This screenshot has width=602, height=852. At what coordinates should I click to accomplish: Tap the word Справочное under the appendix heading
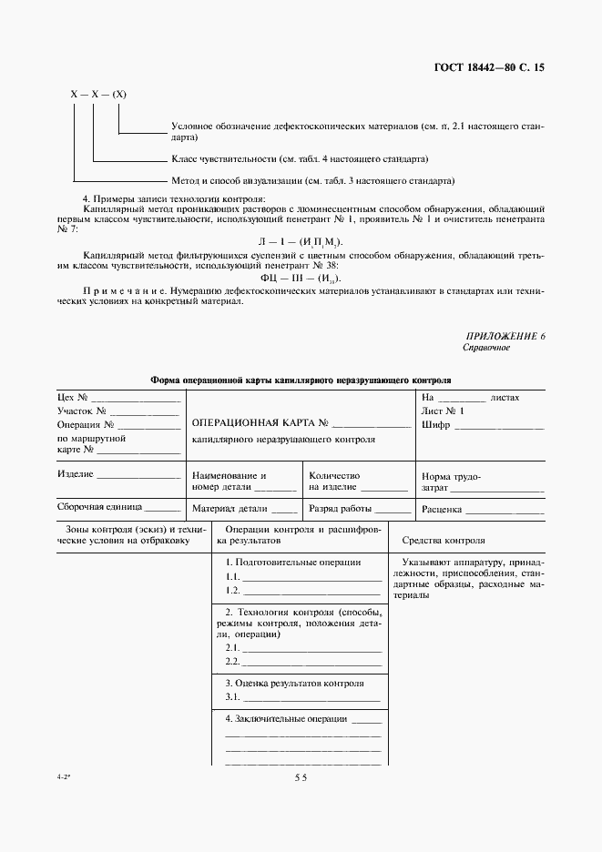[x=486, y=349]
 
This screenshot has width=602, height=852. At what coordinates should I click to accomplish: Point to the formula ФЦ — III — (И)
[x=301, y=277]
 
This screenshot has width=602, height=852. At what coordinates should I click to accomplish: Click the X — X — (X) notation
[x=97, y=94]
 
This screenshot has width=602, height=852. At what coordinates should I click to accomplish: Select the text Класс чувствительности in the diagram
[x=220, y=157]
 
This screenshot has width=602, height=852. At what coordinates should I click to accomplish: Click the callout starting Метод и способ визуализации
[x=312, y=180]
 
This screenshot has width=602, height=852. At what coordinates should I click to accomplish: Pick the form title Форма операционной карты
[x=300, y=380]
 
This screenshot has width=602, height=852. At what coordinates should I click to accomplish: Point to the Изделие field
[x=118, y=475]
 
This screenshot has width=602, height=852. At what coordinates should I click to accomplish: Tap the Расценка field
[x=482, y=510]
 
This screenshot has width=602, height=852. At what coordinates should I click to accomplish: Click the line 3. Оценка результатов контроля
[x=294, y=683]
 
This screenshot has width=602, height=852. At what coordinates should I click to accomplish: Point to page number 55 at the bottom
[x=301, y=777]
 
